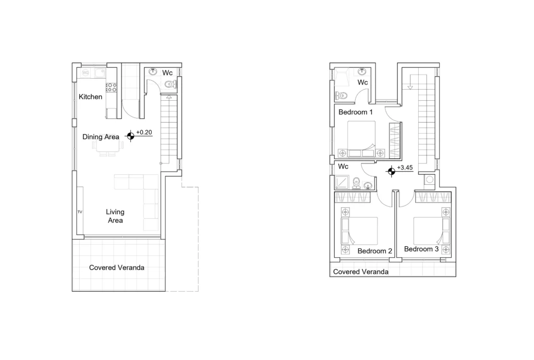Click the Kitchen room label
coord(90,97)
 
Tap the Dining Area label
coord(101,137)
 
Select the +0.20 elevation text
coord(144,132)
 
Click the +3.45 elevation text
coord(405,167)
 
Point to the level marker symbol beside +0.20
coord(130,136)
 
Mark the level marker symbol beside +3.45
coord(391,171)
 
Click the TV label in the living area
coord(80,212)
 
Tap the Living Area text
coord(115,216)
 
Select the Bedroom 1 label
coord(356,112)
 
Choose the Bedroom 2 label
coord(375,251)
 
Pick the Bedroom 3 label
coord(421,249)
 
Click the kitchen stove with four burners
coord(112,87)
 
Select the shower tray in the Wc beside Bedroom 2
coord(342,183)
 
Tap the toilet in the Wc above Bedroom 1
coord(341,95)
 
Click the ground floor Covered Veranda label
coord(117,268)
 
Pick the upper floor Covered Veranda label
coord(361,272)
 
